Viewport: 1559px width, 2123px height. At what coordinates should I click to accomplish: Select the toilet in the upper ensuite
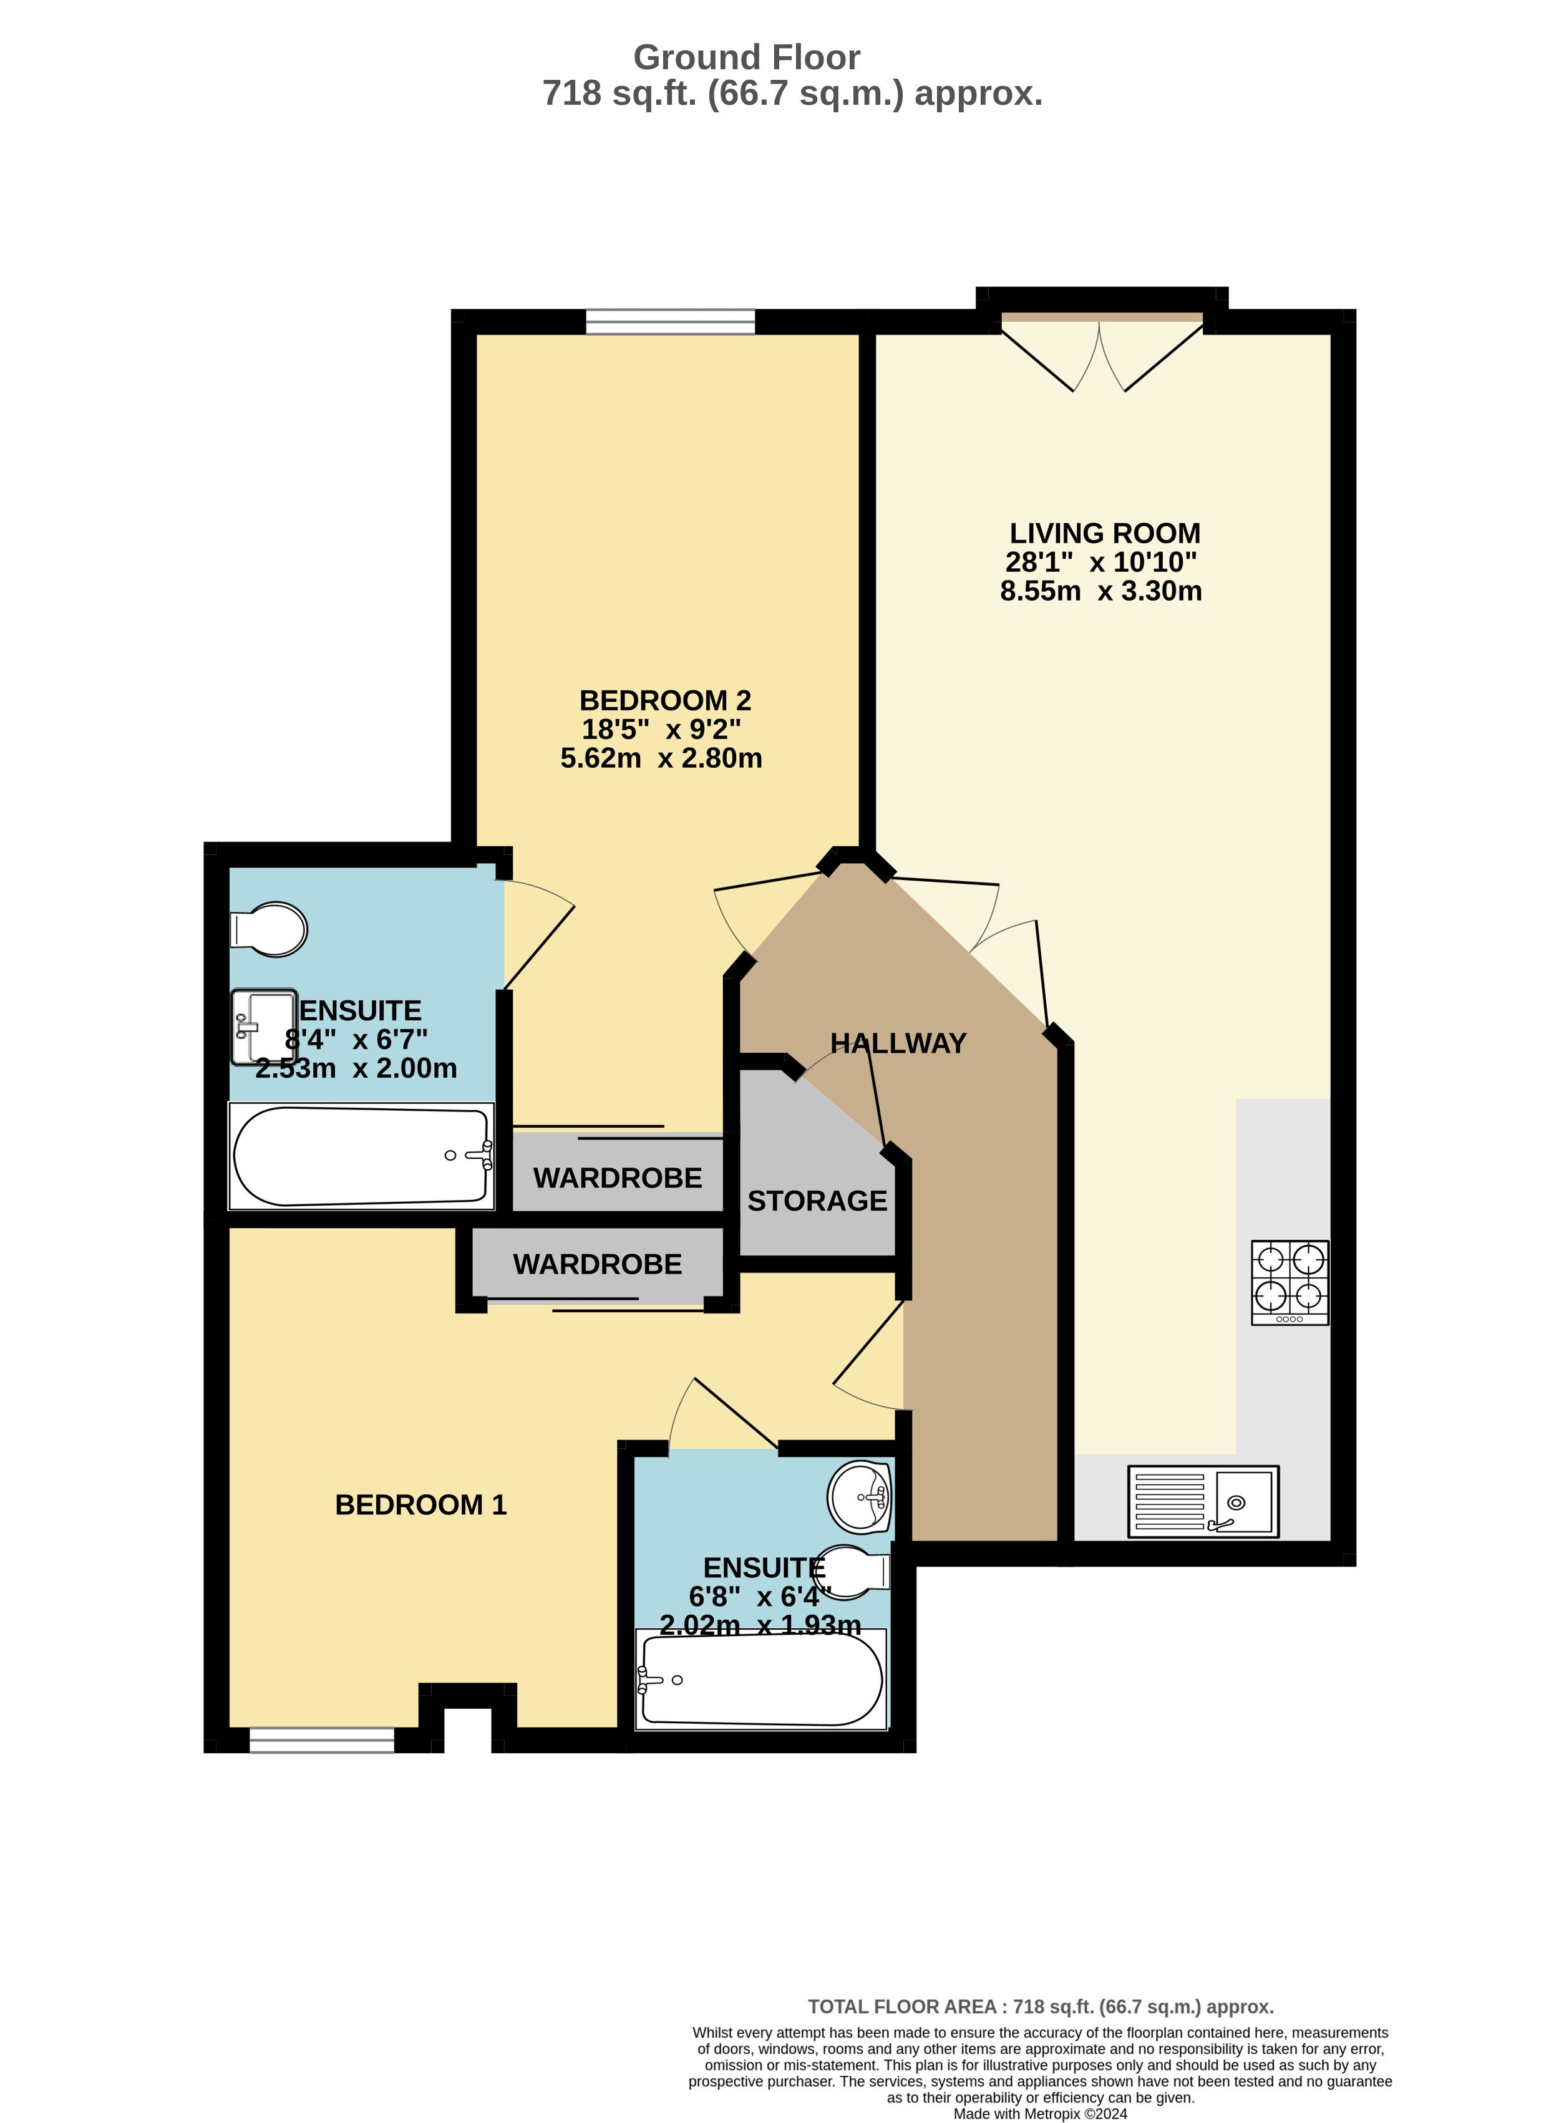pyautogui.click(x=269, y=929)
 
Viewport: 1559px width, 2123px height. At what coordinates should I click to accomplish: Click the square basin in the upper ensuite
pyautogui.click(x=265, y=1027)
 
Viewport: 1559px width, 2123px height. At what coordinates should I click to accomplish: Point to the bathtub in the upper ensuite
pyautogui.click(x=361, y=1156)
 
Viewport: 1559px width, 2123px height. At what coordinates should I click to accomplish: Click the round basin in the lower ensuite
pyautogui.click(x=860, y=1496)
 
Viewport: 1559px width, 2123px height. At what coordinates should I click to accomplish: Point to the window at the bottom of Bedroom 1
pyautogui.click(x=322, y=1740)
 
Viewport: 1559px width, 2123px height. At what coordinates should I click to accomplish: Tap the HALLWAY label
pyautogui.click(x=898, y=1043)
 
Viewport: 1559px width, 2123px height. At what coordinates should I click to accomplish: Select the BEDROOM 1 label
pyautogui.click(x=421, y=1504)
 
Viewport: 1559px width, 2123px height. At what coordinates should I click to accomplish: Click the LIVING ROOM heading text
pyautogui.click(x=1105, y=533)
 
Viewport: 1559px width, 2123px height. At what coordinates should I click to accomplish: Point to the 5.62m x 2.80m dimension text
pyautogui.click(x=661, y=758)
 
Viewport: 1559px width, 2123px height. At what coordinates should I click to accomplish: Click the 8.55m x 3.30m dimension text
pyautogui.click(x=1101, y=591)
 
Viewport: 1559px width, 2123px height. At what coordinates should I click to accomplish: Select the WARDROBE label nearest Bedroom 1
pyautogui.click(x=598, y=1264)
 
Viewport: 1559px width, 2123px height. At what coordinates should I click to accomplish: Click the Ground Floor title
pyautogui.click(x=747, y=57)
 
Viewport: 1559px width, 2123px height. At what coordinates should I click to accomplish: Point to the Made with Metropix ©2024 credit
pyautogui.click(x=1040, y=2114)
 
